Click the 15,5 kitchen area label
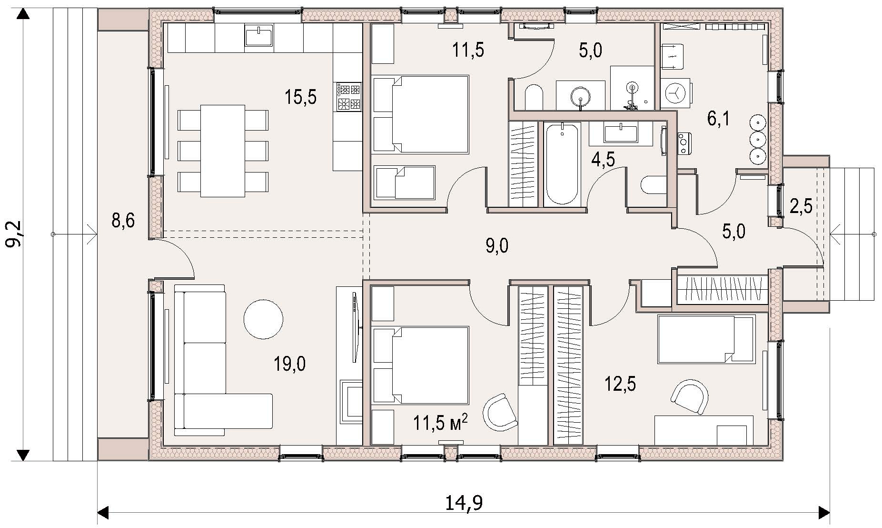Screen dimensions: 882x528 point(300,97)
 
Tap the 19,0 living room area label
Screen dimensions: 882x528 point(289,365)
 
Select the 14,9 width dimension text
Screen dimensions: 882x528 point(464,503)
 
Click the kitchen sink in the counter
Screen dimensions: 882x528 point(259,36)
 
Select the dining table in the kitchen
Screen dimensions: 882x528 point(223,151)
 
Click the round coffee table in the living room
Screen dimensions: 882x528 point(263,319)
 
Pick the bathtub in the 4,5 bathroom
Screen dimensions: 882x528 point(563,163)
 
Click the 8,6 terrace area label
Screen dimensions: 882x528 point(123,221)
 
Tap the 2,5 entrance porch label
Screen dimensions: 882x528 point(801,207)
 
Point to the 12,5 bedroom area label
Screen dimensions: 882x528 point(620,384)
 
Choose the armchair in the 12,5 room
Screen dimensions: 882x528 point(689,397)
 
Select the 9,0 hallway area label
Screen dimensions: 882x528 point(496,246)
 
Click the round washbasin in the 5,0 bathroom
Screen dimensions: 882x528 point(581,97)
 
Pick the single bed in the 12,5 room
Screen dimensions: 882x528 point(706,339)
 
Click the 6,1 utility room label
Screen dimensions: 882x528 point(718,119)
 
